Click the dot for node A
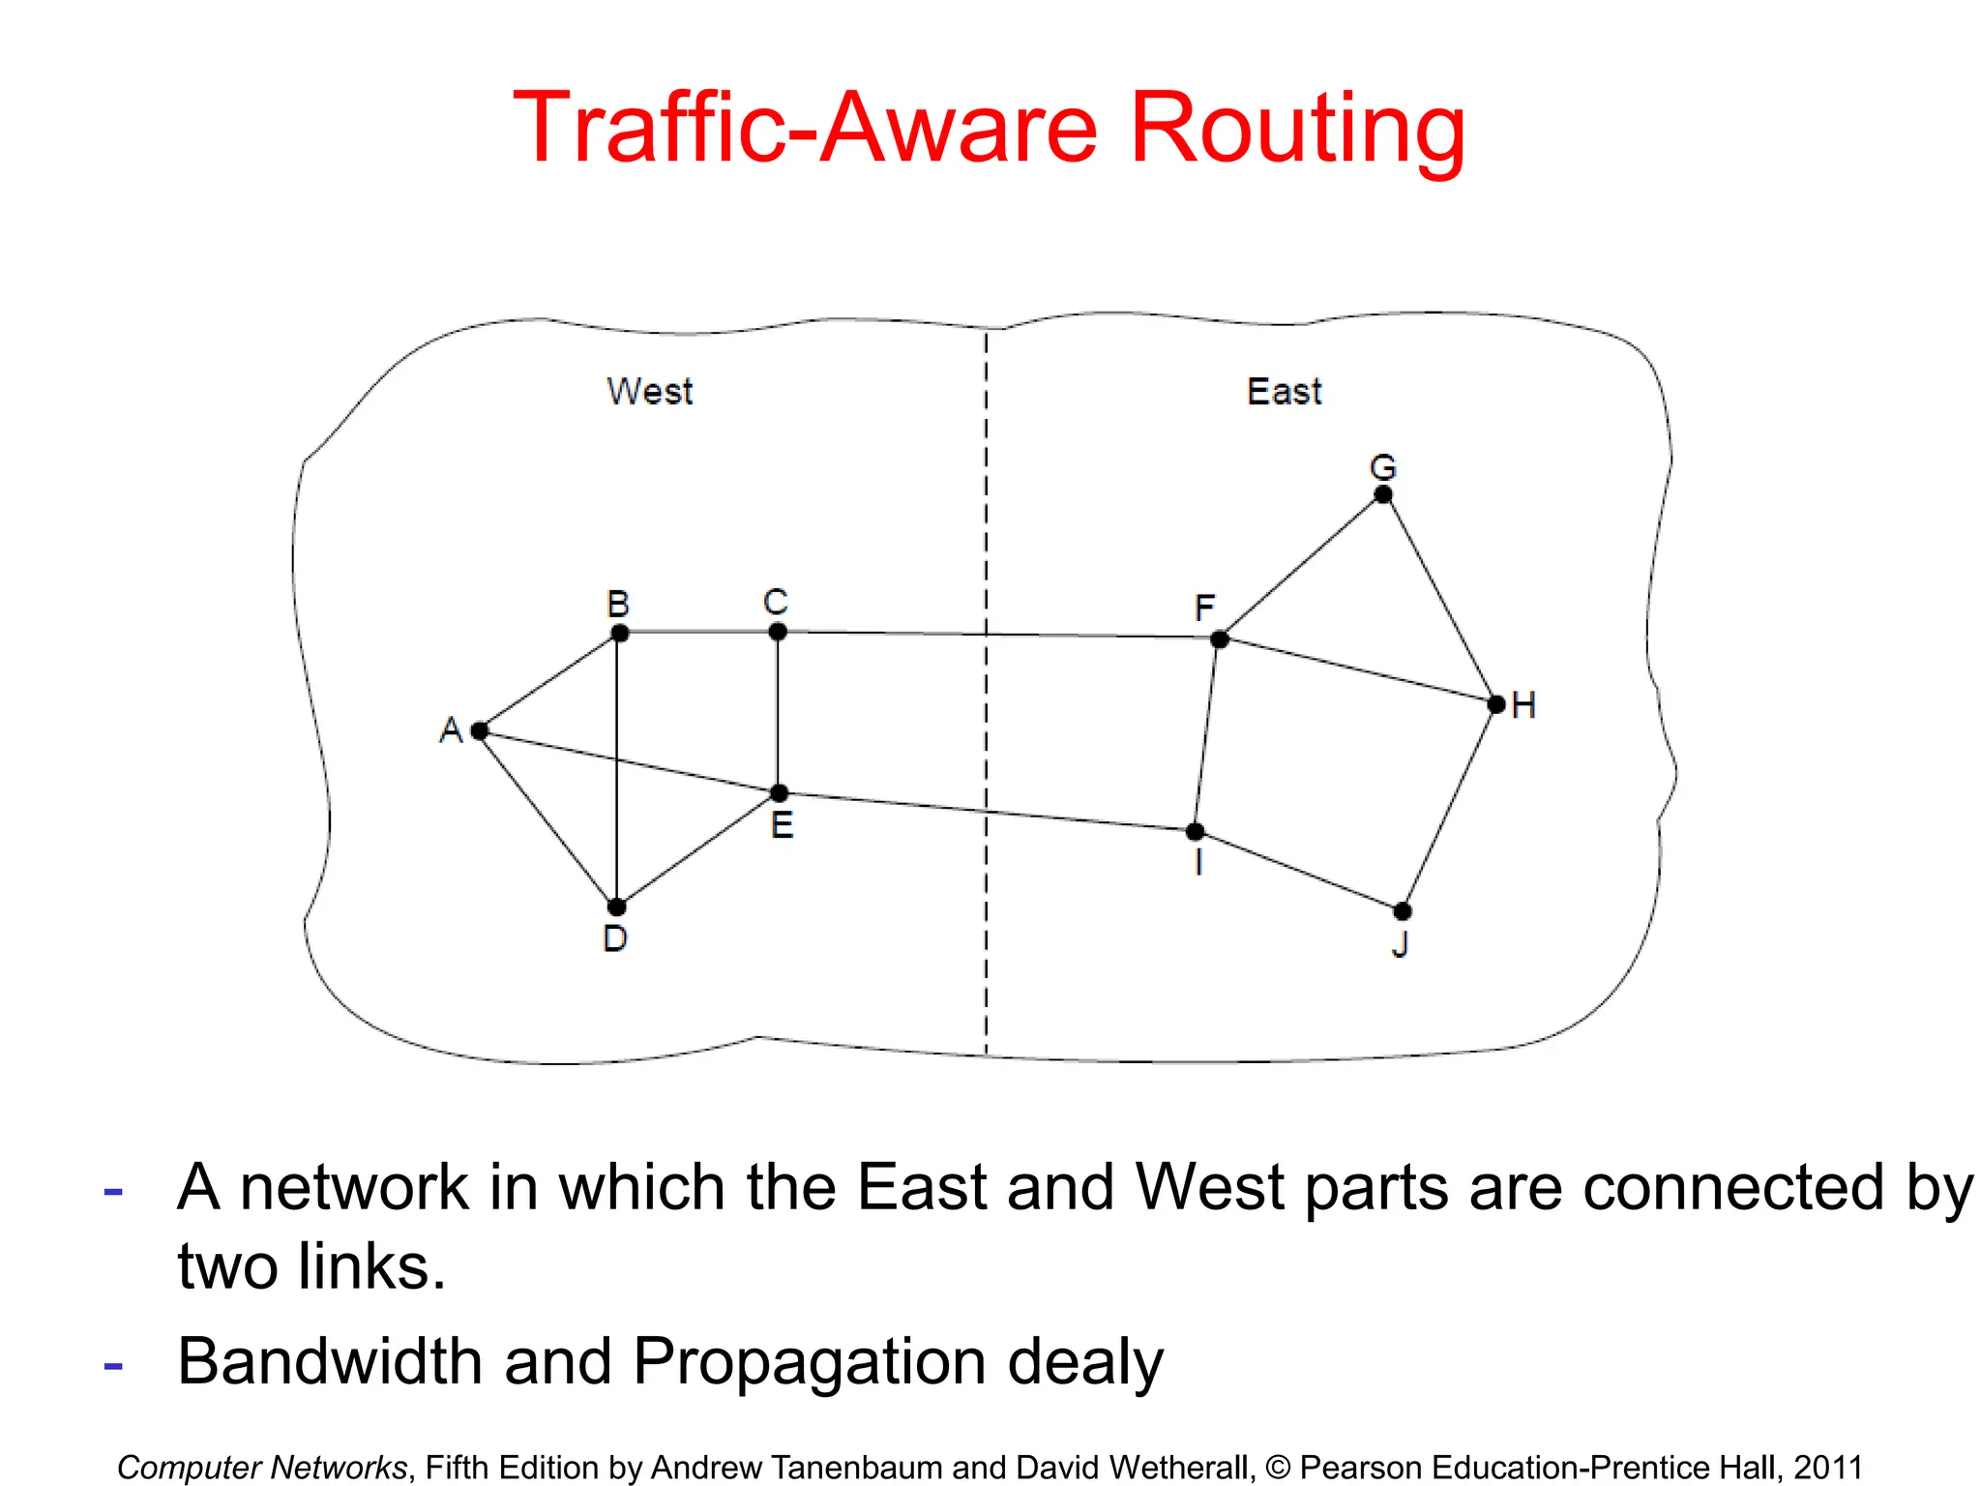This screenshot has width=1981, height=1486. pyautogui.click(x=480, y=730)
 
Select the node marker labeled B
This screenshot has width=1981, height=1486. pyautogui.click(x=620, y=634)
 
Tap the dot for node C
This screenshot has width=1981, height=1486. pyautogui.click(x=778, y=632)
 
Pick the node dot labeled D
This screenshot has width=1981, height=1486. pyautogui.click(x=616, y=906)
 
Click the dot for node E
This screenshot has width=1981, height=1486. pyautogui.click(x=779, y=793)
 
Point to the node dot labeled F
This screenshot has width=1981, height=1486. pyautogui.click(x=1220, y=639)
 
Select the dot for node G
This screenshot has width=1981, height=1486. pyautogui.click(x=1383, y=494)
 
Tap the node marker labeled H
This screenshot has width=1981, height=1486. pyautogui.click(x=1496, y=704)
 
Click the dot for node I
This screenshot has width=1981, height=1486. pyautogui.click(x=1196, y=831)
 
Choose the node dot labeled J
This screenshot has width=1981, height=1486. pyautogui.click(x=1403, y=911)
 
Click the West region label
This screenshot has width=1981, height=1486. pyautogui.click(x=650, y=392)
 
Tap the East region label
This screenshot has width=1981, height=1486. pyautogui.click(x=1284, y=392)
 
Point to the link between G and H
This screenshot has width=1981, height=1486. pyautogui.click(x=1439, y=599)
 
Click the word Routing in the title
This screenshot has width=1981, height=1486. pyautogui.click(x=1297, y=130)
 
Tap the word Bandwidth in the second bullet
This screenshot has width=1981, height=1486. pyautogui.click(x=330, y=1362)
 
